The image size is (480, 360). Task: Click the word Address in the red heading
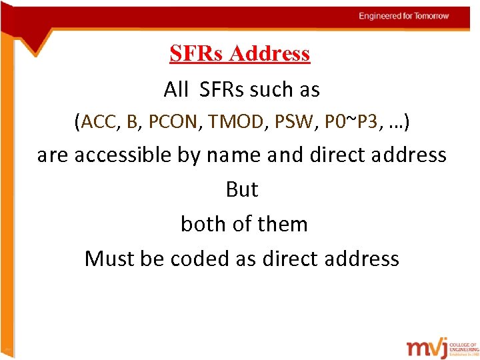coord(269,53)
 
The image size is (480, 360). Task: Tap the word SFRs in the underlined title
coord(197,53)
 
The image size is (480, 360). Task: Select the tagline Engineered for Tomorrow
coord(403,16)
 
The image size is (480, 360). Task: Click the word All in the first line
coord(177,89)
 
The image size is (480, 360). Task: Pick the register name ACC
coord(98,122)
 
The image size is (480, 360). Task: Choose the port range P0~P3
coord(353,122)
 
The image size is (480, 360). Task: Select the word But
coord(241,190)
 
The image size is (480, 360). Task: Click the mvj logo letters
coord(426,349)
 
